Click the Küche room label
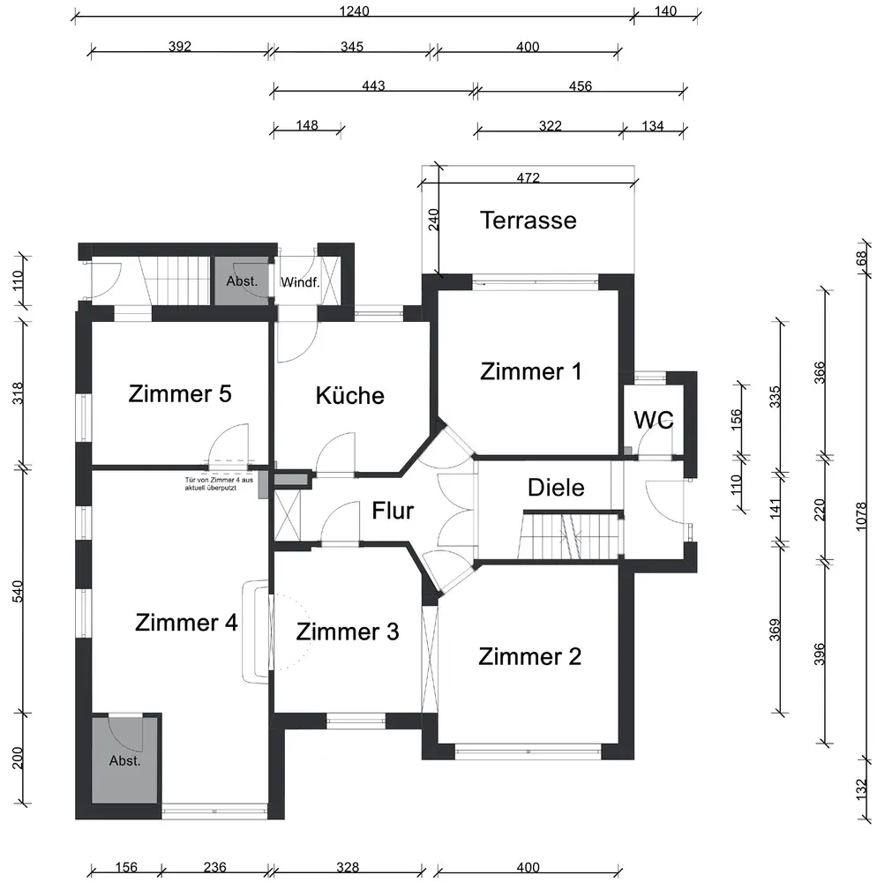350,395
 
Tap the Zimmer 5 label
180,393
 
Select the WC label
653,420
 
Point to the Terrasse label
528,220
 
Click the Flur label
393,511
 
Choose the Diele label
556,487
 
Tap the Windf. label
300,282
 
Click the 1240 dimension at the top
355,11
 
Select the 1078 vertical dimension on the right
861,516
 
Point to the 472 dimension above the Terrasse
528,178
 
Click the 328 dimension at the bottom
348,867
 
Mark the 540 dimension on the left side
18,591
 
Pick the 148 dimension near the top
307,125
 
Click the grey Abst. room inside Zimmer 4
125,760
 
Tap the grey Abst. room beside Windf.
242,280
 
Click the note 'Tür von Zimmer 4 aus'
219,480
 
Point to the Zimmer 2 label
530,656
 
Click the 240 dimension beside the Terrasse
433,220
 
